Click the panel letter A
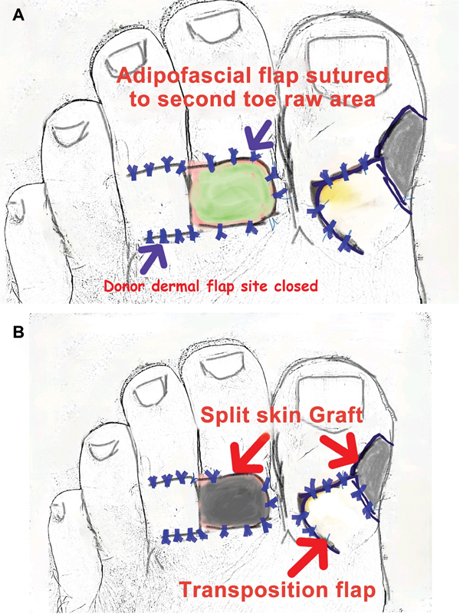click(x=18, y=15)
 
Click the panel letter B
click(x=18, y=332)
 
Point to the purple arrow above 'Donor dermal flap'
click(x=155, y=256)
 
